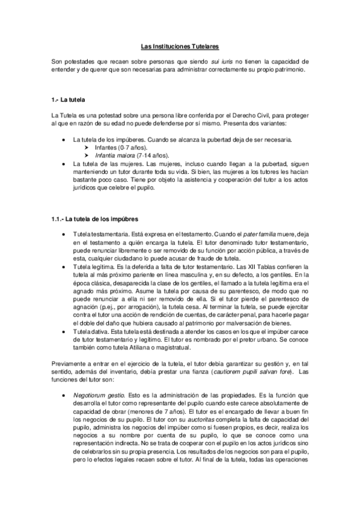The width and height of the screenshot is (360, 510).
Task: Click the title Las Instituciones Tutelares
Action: pyautogui.click(x=180, y=45)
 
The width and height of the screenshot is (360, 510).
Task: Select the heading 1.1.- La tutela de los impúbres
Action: pyautogui.click(x=96, y=219)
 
